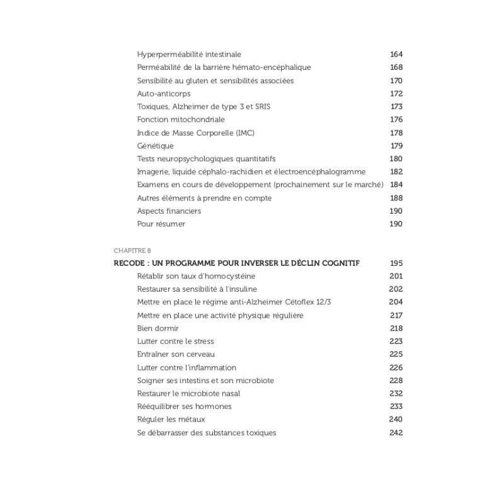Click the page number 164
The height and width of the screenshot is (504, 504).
click(396, 55)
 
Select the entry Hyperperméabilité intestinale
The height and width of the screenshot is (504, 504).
click(189, 55)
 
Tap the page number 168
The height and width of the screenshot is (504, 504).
click(396, 67)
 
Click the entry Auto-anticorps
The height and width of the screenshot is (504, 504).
click(164, 94)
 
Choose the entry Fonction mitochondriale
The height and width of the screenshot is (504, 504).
click(181, 120)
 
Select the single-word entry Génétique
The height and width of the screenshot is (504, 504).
click(156, 146)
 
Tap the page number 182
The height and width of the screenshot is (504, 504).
click(396, 171)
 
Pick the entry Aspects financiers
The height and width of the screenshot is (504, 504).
click(169, 211)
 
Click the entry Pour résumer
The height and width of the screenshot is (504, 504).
click(161, 224)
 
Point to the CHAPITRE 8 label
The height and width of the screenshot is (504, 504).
click(132, 251)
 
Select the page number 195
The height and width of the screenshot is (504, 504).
click(396, 263)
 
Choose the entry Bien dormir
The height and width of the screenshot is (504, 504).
click(158, 328)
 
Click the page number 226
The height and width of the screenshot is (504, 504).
click(396, 367)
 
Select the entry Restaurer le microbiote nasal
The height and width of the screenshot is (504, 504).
click(188, 394)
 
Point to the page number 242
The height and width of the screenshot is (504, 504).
click(396, 433)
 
